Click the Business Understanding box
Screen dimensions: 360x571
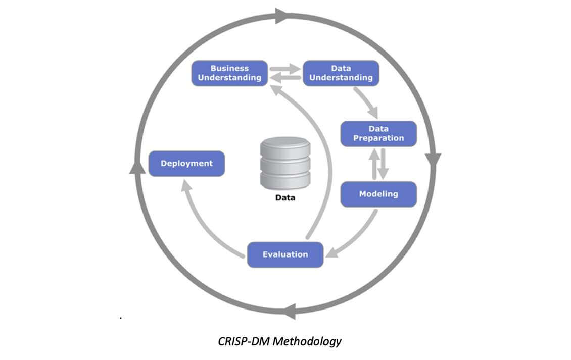[x=229, y=73]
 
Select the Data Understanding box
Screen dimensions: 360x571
[x=341, y=73]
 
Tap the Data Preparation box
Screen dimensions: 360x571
[x=378, y=134]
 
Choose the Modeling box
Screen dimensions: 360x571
[x=378, y=194]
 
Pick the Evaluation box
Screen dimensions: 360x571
[x=285, y=254]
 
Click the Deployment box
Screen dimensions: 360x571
[x=186, y=164]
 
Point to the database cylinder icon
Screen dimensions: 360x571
[x=285, y=163]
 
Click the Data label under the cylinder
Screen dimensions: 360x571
[x=285, y=198]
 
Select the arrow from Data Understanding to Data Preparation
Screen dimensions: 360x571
[x=366, y=102]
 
